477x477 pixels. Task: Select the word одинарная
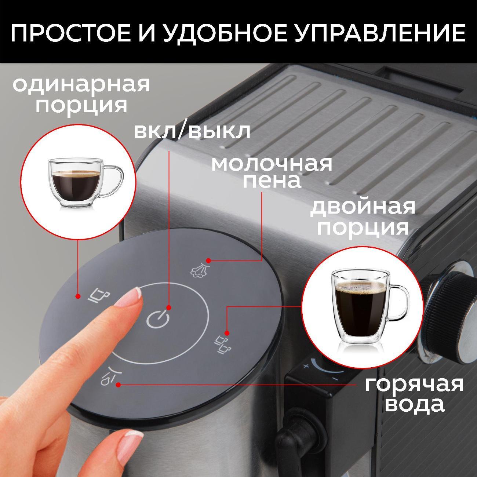81,85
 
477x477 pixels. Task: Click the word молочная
271,164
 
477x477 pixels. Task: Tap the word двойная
363,207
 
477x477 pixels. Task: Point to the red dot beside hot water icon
118,385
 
